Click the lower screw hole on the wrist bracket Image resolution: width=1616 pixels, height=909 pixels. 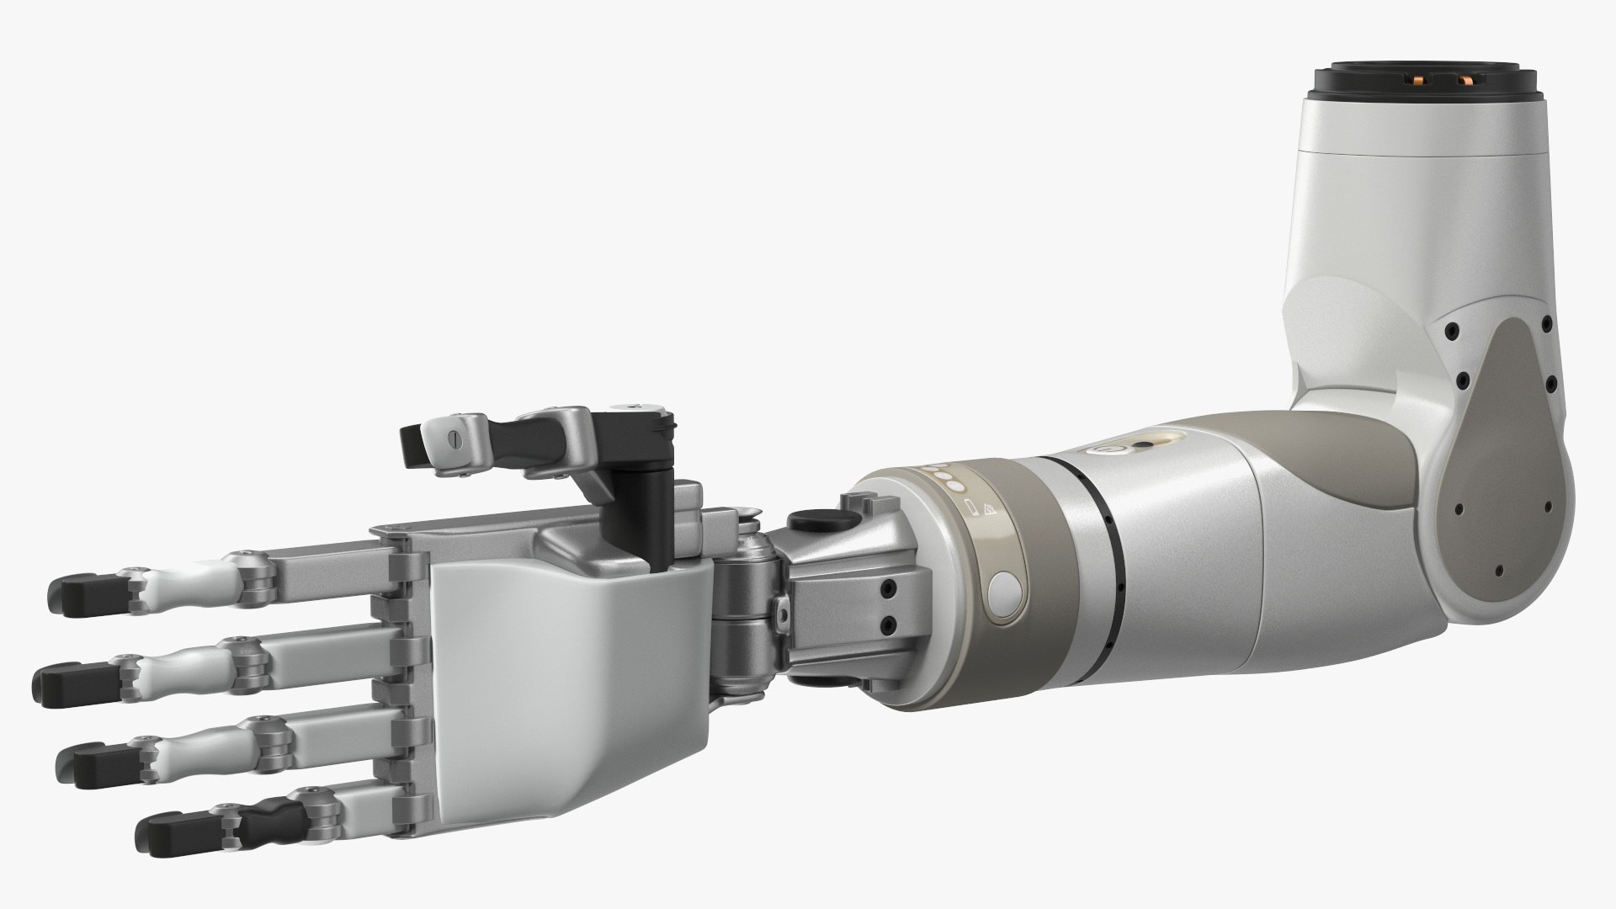888,624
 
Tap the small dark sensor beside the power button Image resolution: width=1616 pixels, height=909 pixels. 1144,446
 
